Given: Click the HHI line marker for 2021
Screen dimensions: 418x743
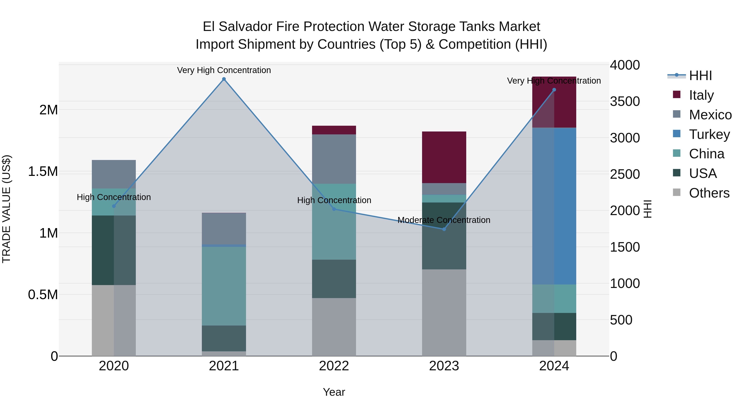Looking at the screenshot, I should pyautogui.click(x=224, y=79).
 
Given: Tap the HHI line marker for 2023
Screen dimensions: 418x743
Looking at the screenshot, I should pyautogui.click(x=444, y=229).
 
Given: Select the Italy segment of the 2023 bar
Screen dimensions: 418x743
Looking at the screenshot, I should pyautogui.click(x=444, y=157).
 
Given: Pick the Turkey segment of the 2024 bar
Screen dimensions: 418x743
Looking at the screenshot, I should pyautogui.click(x=554, y=206).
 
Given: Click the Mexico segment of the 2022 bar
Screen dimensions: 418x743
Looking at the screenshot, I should pyautogui.click(x=334, y=159).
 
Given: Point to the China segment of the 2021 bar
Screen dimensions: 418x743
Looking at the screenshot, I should pyautogui.click(x=224, y=286).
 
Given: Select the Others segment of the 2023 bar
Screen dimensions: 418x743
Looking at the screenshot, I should pyautogui.click(x=444, y=313).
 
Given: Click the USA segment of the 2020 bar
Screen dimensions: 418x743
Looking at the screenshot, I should pyautogui.click(x=114, y=250).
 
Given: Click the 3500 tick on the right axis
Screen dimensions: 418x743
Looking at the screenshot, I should pyautogui.click(x=625, y=101).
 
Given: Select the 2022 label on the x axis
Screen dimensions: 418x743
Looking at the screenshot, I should pyautogui.click(x=334, y=366).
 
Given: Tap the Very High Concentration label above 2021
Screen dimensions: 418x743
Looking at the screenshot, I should pyautogui.click(x=224, y=70).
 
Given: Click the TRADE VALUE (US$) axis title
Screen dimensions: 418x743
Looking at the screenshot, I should pyautogui.click(x=6, y=209).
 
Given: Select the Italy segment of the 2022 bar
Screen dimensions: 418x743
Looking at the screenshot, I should pyautogui.click(x=334, y=130).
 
